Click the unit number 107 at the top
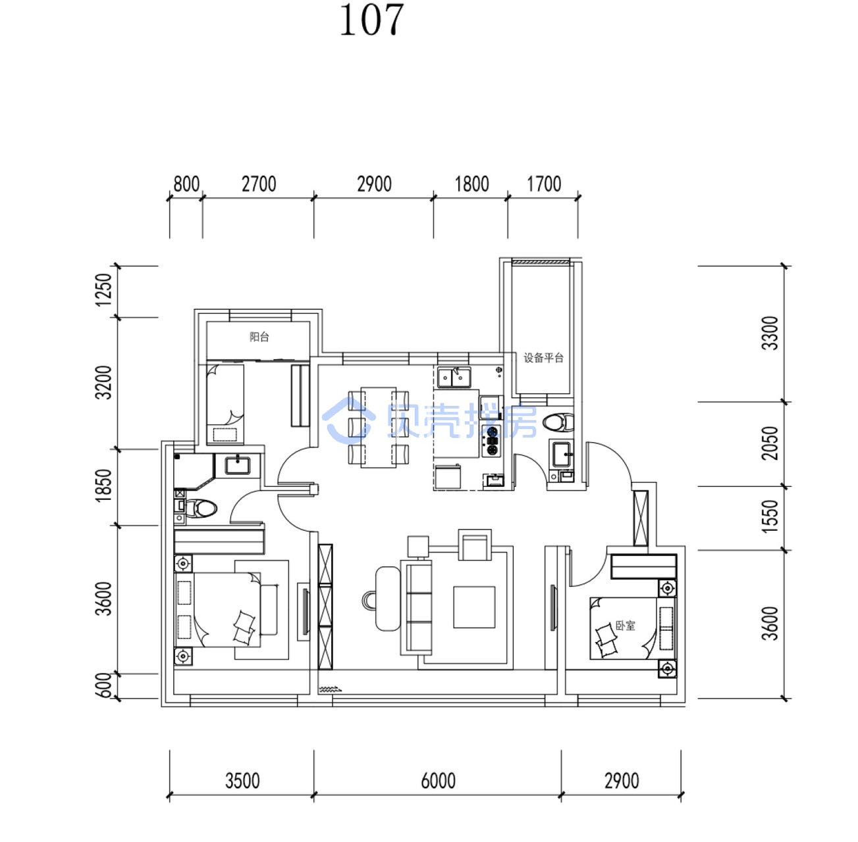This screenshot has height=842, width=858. tap(371, 20)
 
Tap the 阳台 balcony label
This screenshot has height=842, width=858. tap(259, 337)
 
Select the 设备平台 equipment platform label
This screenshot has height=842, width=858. tap(543, 358)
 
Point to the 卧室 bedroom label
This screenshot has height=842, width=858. tap(625, 626)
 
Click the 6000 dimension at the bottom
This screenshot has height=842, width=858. tap(438, 781)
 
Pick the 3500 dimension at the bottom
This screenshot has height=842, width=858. tap(242, 781)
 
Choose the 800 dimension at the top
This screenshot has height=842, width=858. tap(186, 184)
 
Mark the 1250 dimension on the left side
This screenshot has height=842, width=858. tap(103, 289)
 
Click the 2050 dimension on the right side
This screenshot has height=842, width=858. tap(770, 443)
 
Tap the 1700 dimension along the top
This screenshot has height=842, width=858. tap(544, 184)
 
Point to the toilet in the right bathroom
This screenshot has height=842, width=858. tap(559, 422)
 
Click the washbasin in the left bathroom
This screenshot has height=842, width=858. tap(238, 465)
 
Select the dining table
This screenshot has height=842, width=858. tap(378, 427)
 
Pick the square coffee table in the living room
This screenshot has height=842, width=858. tap(474, 607)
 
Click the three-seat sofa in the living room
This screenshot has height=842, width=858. tap(416, 607)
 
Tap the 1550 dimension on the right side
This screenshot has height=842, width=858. tap(770, 516)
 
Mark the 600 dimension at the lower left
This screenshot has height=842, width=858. tap(103, 685)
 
